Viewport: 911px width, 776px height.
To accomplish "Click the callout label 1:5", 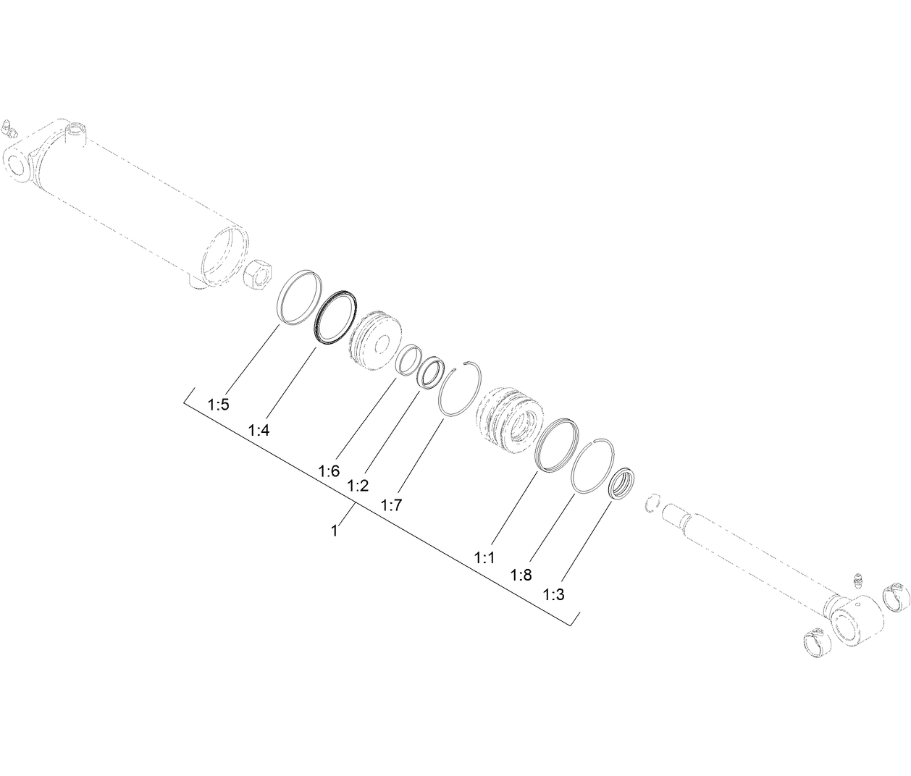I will click(218, 404).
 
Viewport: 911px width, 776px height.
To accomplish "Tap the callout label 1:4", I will click(259, 430).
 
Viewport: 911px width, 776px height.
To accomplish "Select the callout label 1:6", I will click(328, 471).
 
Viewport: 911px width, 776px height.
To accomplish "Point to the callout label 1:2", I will click(358, 486).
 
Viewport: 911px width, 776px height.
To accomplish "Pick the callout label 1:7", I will click(391, 505).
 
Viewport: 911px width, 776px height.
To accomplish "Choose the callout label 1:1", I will click(484, 557).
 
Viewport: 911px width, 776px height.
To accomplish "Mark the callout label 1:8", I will click(521, 575).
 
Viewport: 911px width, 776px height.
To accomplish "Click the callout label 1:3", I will click(553, 595).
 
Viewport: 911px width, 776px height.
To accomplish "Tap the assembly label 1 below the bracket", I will click(334, 531).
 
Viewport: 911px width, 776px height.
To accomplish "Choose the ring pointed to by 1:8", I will click(593, 466).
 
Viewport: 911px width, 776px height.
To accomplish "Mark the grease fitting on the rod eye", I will click(859, 581).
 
